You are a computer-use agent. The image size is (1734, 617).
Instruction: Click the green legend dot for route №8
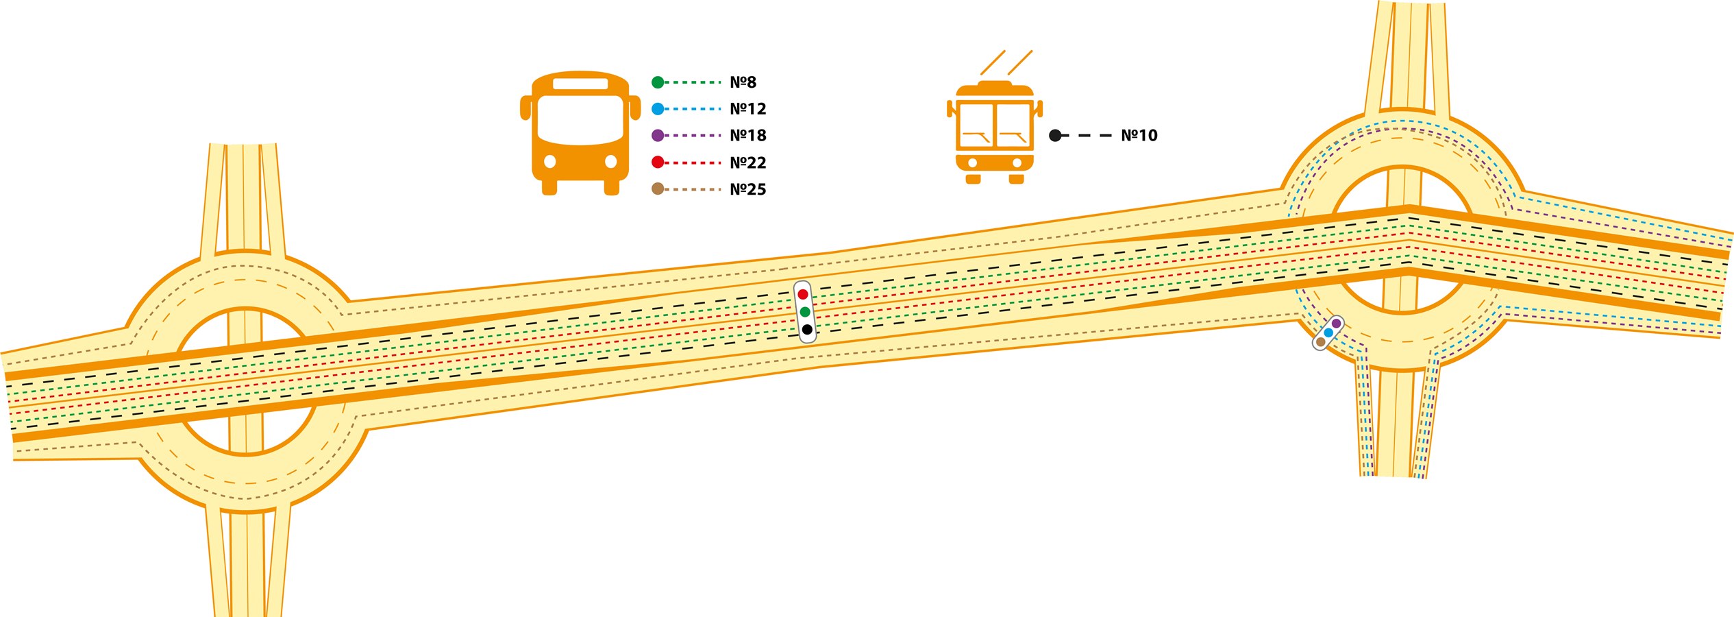pos(658,82)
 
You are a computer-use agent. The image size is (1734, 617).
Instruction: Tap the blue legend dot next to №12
pos(658,109)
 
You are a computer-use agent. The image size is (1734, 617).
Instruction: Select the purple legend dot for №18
pos(658,136)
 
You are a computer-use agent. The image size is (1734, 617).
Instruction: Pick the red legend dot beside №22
pos(658,162)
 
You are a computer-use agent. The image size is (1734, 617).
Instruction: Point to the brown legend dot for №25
pos(658,189)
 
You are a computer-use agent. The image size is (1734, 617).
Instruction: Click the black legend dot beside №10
pos(1055,136)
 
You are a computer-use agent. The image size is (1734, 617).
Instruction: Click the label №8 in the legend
pos(743,82)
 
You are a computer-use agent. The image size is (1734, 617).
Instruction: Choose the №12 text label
pos(747,109)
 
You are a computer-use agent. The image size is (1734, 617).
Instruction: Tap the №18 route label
pos(747,136)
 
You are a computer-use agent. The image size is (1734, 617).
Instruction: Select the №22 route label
pos(747,162)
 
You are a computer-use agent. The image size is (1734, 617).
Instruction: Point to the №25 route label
pos(747,189)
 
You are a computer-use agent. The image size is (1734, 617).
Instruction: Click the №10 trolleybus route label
pos(1139,136)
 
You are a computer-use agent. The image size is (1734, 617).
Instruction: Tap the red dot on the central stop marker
pos(802,294)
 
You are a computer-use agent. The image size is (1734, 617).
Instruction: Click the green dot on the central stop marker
pos(805,312)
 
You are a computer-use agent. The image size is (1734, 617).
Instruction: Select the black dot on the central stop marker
pos(807,330)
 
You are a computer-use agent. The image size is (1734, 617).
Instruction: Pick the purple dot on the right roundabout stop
pos(1336,324)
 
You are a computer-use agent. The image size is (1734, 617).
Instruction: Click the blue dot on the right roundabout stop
pos(1328,332)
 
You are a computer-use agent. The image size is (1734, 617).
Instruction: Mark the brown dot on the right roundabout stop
pos(1321,341)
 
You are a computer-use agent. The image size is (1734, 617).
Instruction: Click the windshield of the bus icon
pos(580,120)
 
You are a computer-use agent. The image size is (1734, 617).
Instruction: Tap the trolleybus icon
pos(995,130)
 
